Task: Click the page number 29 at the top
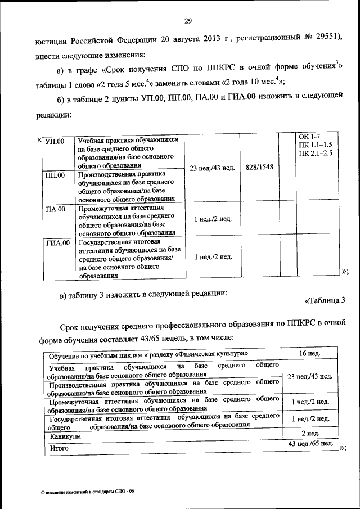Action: coord(188,21)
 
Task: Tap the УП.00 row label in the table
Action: coord(55,141)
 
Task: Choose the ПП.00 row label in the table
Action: coord(55,175)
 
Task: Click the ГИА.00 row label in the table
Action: coord(57,243)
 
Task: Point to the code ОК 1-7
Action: coord(309,137)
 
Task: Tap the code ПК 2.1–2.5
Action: coord(316,152)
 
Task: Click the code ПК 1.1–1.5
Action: coord(316,145)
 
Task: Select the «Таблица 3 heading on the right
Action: coord(325,300)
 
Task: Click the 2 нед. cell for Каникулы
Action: coord(310,433)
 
